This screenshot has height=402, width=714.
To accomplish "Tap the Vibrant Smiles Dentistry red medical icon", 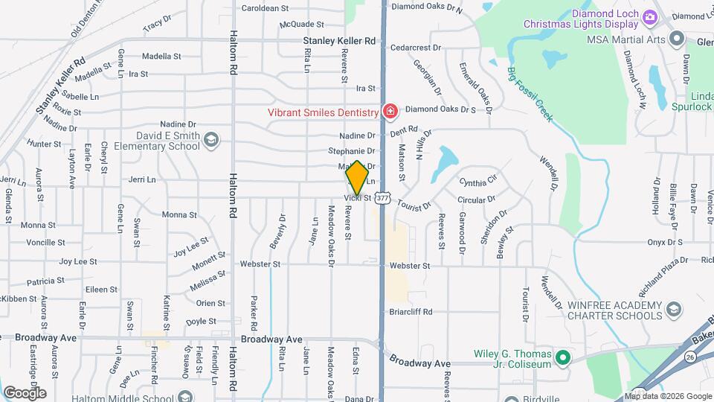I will pyautogui.click(x=389, y=112).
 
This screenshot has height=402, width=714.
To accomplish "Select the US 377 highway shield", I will pyautogui.click(x=382, y=197).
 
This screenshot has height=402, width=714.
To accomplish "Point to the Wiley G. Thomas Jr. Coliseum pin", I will pyautogui.click(x=563, y=358).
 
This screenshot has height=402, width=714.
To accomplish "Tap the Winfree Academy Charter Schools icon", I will pyautogui.click(x=673, y=309).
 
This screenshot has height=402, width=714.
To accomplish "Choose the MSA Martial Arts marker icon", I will pyautogui.click(x=676, y=39).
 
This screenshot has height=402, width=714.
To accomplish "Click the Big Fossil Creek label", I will pyautogui.click(x=530, y=95).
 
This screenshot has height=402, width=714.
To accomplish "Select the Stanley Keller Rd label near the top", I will pyautogui.click(x=339, y=41).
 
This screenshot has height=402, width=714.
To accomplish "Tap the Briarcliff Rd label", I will pyautogui.click(x=410, y=312).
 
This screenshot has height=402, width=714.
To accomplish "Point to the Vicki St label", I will pyautogui.click(x=357, y=198).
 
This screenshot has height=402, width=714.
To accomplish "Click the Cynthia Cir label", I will pyautogui.click(x=477, y=182).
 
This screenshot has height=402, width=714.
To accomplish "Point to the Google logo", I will pyautogui.click(x=25, y=392).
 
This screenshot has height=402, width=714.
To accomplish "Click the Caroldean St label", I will pyautogui.click(x=265, y=8).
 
